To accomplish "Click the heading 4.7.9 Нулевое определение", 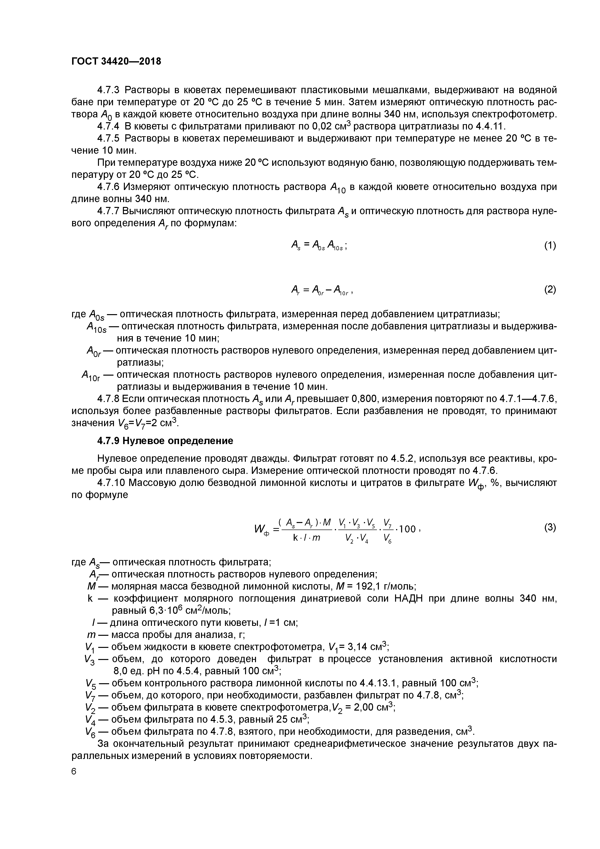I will click(x=165, y=441).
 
